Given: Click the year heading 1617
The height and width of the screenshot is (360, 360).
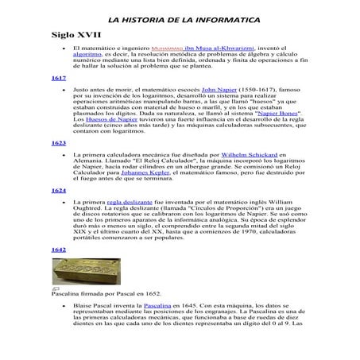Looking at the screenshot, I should click(58, 79).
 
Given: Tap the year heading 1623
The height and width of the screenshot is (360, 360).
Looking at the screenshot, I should click(58, 143).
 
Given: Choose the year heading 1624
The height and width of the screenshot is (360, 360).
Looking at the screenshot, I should click(58, 192).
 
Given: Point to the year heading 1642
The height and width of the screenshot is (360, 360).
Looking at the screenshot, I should click(58, 250).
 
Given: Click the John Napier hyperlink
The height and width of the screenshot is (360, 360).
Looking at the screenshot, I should click(220, 92).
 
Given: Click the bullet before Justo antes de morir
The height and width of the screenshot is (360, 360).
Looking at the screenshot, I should click(63, 92).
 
